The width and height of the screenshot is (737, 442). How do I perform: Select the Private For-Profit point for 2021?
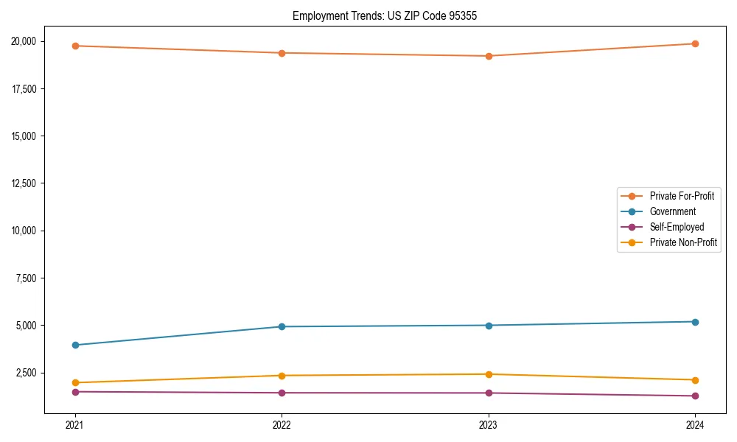pyautogui.click(x=75, y=46)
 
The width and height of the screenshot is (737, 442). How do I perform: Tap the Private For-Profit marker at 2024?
pyautogui.click(x=695, y=43)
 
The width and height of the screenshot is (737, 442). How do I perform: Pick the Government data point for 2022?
pyautogui.click(x=282, y=326)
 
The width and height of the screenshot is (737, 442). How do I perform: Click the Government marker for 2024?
pyautogui.click(x=695, y=321)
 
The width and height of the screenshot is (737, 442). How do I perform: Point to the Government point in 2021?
pyautogui.click(x=75, y=345)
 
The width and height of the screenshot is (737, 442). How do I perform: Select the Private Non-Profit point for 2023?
pyautogui.click(x=489, y=374)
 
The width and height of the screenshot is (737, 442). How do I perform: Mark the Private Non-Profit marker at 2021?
pyautogui.click(x=75, y=382)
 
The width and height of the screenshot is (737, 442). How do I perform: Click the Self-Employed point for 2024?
pyautogui.click(x=695, y=396)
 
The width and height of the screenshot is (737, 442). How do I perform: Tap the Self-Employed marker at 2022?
pyautogui.click(x=282, y=393)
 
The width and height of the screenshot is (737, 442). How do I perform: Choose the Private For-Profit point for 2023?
pyautogui.click(x=489, y=56)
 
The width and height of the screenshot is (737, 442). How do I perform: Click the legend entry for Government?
pyautogui.click(x=672, y=211)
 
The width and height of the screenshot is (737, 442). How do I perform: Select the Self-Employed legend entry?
pyautogui.click(x=677, y=227)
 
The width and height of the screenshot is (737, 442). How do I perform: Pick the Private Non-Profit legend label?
pyautogui.click(x=683, y=242)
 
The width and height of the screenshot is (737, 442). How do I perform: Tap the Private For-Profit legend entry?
pyautogui.click(x=682, y=196)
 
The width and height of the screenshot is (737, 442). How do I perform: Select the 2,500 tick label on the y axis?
pyautogui.click(x=30, y=373)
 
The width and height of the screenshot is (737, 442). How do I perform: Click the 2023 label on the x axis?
pyautogui.click(x=489, y=424)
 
